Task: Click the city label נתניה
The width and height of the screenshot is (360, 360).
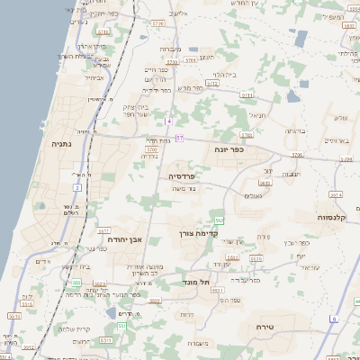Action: coord(61,143)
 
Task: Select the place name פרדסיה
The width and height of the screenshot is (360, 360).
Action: coord(183,175)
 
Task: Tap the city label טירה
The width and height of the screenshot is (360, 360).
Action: coord(264,327)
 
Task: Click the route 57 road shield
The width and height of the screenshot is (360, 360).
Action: coord(179,138)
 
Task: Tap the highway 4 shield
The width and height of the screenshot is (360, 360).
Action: coord(168,121)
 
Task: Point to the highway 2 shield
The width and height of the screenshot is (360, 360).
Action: coord(77,187)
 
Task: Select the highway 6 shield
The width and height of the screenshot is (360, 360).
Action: coord(333,319)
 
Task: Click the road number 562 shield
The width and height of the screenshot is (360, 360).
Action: coord(219,220)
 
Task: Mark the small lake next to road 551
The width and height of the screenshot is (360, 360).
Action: coord(111,313)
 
